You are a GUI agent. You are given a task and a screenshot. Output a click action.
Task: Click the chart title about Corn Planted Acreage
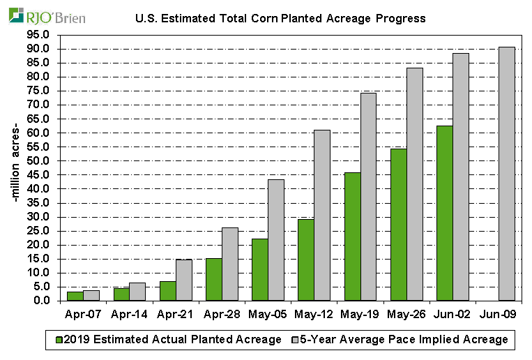280,17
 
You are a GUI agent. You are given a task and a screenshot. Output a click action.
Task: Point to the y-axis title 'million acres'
15,167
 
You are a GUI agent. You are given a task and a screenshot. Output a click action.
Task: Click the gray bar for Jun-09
507,174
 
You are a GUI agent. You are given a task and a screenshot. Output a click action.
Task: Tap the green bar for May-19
352,237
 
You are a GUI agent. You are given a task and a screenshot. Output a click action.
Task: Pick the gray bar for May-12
321,215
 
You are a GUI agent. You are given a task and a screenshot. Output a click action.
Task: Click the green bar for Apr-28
213,279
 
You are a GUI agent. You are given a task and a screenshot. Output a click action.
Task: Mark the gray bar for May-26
414,184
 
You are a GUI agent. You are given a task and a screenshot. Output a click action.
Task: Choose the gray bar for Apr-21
183,280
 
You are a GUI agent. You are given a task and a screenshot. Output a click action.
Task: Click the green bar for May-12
306,260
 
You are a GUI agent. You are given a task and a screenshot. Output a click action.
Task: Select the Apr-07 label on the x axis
82,315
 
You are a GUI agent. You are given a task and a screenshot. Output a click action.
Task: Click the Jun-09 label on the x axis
499,315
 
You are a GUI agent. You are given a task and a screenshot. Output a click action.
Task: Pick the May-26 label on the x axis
406,315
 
